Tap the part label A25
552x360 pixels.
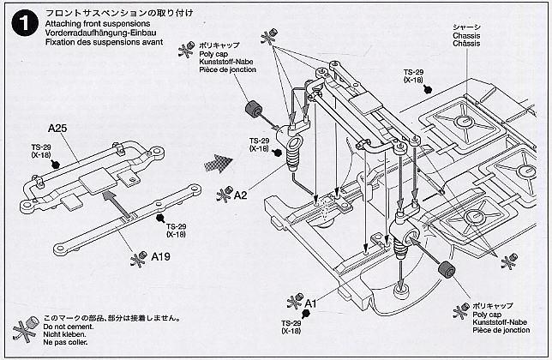coord(58,129)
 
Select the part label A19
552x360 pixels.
coord(161,255)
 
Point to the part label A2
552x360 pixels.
coord(239,195)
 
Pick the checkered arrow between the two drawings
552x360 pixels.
coord(219,162)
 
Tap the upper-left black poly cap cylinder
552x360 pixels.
coord(254,112)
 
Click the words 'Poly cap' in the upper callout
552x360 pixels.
coord(213,52)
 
